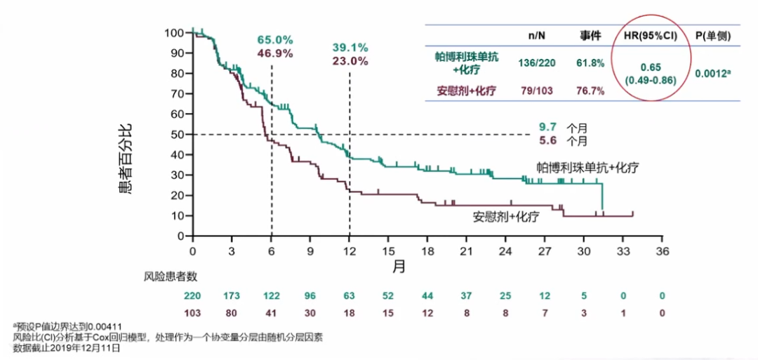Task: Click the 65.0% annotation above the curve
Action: click(275, 39)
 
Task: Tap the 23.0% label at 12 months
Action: click(350, 61)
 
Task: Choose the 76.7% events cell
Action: click(590, 91)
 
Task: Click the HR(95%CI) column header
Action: click(650, 35)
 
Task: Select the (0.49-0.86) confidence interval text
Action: click(650, 81)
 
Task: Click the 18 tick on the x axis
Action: click(427, 251)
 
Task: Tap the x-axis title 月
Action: click(398, 266)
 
